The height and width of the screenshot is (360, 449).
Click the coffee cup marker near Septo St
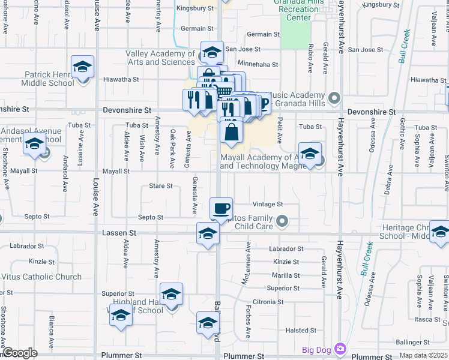coord(221,208)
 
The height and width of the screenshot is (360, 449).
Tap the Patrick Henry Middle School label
coord(49,79)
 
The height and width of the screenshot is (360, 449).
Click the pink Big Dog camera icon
coord(340,349)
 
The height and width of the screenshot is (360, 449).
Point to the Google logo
coord(20,353)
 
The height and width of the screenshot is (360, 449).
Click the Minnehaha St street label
coord(258,65)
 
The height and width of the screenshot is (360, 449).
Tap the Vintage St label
coord(267,204)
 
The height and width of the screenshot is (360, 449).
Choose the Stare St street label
coord(161,187)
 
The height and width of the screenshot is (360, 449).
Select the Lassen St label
coord(119,232)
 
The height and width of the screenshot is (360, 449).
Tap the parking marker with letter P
coord(262,103)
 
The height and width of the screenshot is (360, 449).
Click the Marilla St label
coord(286,275)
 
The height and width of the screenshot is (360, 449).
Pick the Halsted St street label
coord(301,331)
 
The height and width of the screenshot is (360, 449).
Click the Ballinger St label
coord(412,342)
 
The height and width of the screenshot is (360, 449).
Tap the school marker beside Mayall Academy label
coord(310,155)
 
